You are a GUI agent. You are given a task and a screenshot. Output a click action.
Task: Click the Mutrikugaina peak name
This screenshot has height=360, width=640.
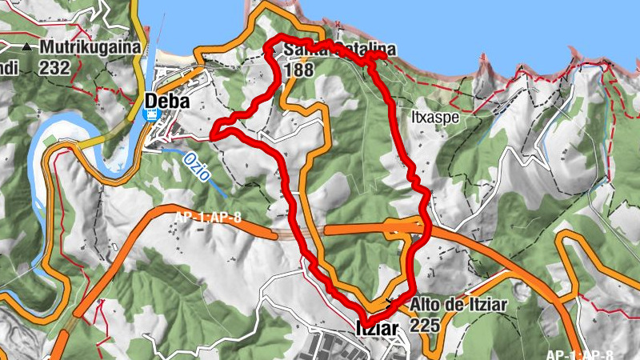(x=93, y=47)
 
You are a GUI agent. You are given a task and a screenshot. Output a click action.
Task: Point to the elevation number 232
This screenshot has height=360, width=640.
(x=55, y=68)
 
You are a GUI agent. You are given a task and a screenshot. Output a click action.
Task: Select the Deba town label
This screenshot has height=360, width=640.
(x=167, y=102)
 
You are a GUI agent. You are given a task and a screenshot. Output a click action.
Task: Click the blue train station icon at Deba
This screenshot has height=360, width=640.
(x=150, y=115)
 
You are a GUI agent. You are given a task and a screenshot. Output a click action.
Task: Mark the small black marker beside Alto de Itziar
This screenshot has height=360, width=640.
(x=390, y=302)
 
